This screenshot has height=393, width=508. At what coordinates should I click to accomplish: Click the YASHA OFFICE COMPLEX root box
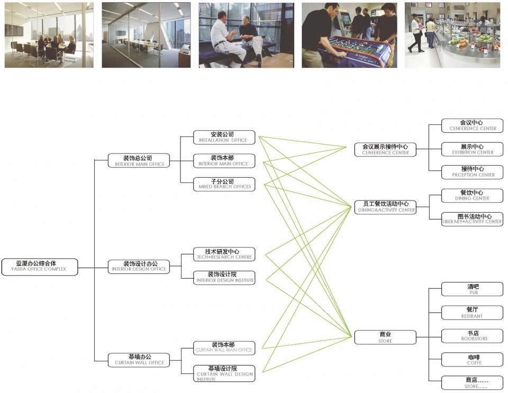tap(40, 266)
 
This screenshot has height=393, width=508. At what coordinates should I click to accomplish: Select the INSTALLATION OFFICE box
tap(224, 137)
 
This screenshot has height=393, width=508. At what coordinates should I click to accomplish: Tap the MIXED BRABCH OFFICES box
tap(224, 184)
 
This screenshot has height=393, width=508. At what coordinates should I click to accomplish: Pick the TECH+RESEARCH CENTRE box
tap(224, 254)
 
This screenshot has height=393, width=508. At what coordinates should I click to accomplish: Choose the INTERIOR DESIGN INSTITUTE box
tap(224, 277)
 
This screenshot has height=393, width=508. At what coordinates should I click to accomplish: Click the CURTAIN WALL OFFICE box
tap(139, 360)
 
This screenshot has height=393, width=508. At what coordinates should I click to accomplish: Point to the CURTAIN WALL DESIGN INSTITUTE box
tap(224, 373)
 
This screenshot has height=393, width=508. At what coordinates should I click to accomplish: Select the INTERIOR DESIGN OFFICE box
tap(139, 266)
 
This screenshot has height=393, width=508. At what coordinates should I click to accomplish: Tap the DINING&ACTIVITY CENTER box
tap(385, 206)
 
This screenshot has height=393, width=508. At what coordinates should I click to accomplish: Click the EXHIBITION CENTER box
tap(473, 149)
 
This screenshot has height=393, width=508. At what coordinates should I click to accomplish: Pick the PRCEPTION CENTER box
tap(473, 172)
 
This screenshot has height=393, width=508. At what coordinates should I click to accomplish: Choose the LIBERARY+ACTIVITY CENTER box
tap(473, 219)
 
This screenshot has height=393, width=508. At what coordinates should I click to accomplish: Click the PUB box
tap(473, 289)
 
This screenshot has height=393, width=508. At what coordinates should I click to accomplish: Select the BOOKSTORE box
tap(473, 336)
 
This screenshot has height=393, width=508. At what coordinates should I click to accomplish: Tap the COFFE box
tap(473, 360)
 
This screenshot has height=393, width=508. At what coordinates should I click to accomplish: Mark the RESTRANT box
tap(473, 313)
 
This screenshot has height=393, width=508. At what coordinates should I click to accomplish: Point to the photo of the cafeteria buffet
tap(452, 35)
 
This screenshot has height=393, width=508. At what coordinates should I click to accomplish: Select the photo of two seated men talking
tap(246, 35)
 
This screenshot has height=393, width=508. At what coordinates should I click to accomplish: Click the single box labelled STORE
tap(385, 337)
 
